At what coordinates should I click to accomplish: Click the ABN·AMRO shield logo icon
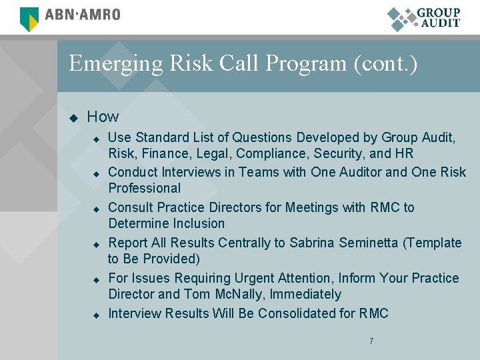pyautogui.click(x=30, y=19)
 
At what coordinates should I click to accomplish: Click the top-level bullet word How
pyautogui.click(x=103, y=117)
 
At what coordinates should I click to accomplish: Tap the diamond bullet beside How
pyautogui.click(x=74, y=118)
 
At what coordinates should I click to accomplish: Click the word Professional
pyautogui.click(x=145, y=188)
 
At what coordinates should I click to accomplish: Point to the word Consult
pyautogui.click(x=131, y=207)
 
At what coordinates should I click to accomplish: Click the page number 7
pyautogui.click(x=371, y=341)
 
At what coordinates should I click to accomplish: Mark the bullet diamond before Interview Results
pyautogui.click(x=96, y=315)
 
